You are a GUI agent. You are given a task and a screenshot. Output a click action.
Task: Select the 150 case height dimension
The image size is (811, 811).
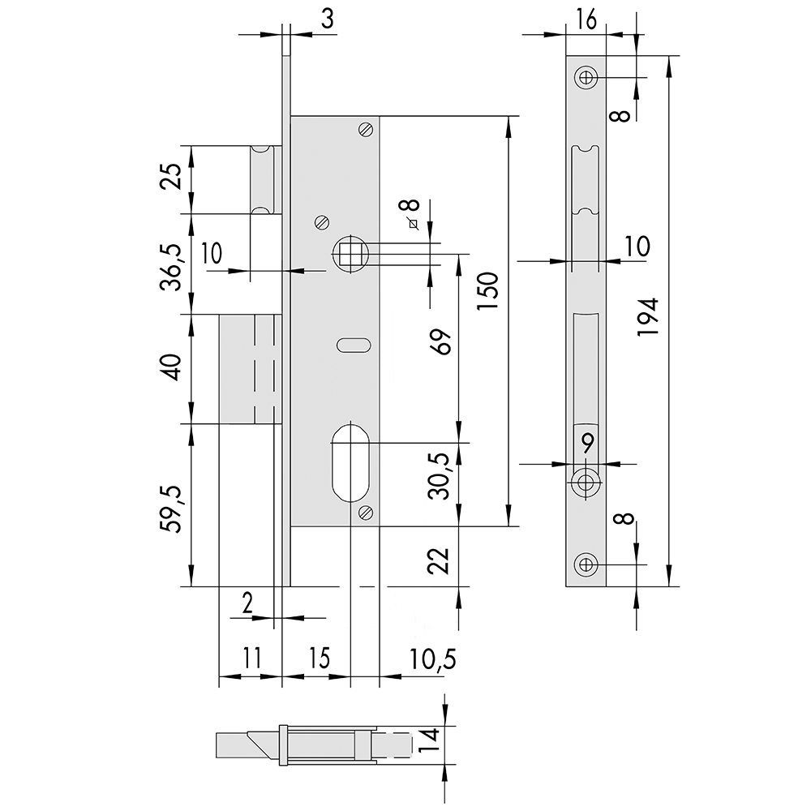487,291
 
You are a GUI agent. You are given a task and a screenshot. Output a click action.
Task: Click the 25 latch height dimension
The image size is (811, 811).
172,177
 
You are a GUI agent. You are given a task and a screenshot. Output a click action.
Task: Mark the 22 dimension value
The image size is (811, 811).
439,560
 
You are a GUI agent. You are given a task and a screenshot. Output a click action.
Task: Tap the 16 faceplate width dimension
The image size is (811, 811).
586,20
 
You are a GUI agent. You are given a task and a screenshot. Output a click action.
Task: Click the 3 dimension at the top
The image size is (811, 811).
328,19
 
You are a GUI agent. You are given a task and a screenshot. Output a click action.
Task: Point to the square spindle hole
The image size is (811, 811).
350,252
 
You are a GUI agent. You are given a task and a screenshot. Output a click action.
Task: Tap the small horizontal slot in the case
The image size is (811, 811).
354,345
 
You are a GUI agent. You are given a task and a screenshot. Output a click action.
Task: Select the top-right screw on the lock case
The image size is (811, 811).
366,129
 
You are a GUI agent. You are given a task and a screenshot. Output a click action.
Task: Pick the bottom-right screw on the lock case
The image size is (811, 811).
366,513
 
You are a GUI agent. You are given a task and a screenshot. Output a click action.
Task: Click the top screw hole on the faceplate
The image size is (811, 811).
586,78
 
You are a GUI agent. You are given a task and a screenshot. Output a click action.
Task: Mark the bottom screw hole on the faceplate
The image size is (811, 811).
586,564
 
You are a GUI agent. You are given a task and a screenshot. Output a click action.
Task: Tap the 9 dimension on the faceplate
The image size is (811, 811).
587,444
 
